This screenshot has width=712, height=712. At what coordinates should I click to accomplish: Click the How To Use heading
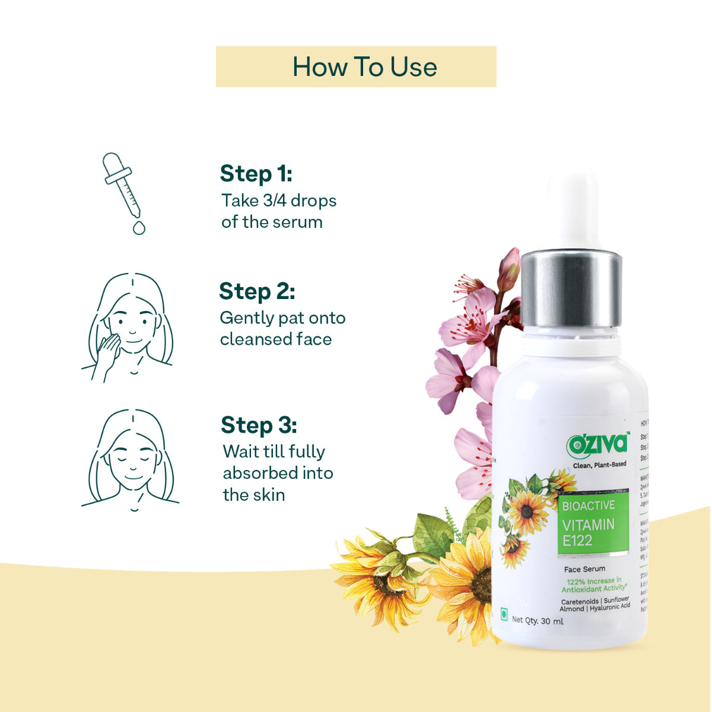[x=364, y=66]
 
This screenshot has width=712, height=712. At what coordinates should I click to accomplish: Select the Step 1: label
[x=256, y=174]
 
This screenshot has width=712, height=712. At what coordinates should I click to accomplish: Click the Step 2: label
[x=256, y=292]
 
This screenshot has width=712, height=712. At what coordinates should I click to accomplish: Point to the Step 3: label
[x=259, y=425]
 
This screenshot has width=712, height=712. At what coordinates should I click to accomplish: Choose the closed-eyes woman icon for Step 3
[x=131, y=459]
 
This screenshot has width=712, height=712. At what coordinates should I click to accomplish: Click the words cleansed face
[x=275, y=339]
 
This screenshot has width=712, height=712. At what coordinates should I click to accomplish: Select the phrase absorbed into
[x=278, y=473]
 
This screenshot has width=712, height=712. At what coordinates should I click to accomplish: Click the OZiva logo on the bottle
[x=597, y=443]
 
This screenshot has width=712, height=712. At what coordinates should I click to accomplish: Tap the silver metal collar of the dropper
[x=571, y=288]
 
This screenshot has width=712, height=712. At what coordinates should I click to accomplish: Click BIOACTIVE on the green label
[x=588, y=506]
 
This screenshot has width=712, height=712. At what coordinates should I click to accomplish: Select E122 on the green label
[x=577, y=540]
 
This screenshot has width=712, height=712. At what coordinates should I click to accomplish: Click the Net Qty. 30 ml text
[x=537, y=621]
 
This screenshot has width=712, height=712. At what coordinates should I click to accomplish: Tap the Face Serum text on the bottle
[x=584, y=568]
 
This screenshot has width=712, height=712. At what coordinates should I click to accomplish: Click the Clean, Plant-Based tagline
[x=599, y=464]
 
